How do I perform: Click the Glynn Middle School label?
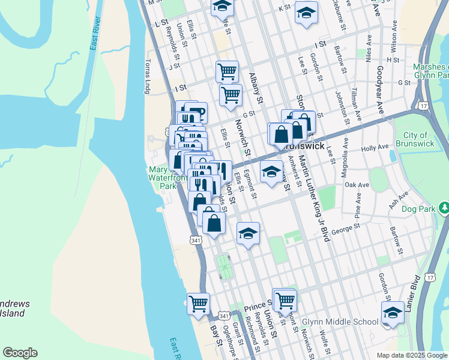[340, 322]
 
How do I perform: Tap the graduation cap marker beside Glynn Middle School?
[392, 312]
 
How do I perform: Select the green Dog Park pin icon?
[444, 208]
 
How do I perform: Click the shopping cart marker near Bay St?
[198, 303]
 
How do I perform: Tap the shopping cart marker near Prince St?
[285, 299]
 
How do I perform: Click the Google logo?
[20, 353]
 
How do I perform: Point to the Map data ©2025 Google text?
[411, 355]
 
